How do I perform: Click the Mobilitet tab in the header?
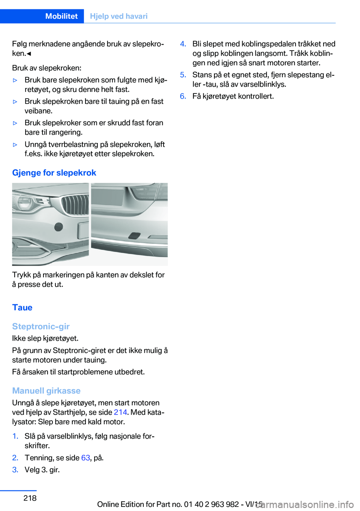[61, 16]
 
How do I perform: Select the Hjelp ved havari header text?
[118, 16]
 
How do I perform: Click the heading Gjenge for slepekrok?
[54, 173]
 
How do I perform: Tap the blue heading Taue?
[22, 307]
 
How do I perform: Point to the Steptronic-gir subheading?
[40, 326]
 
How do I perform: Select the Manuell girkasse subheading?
[46, 391]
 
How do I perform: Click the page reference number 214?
[120, 412]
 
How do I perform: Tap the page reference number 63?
[85, 458]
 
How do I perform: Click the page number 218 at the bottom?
[30, 498]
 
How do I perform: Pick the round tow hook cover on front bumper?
[58, 227]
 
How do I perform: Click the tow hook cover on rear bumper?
[134, 236]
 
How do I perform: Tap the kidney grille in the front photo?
[75, 205]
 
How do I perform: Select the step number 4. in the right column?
[183, 44]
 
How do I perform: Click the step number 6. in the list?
[183, 96]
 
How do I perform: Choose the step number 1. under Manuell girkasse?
[15, 436]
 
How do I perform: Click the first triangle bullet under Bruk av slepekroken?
[15, 80]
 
